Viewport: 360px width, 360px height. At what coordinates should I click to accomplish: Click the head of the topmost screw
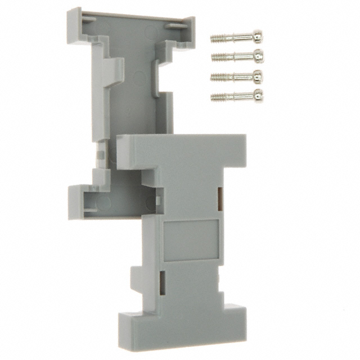coord(258,37)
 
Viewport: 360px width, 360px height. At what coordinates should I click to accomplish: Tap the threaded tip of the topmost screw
coord(217,39)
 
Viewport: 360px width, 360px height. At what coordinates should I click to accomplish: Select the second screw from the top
coord(237,57)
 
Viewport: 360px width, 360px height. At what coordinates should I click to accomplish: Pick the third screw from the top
coord(237,76)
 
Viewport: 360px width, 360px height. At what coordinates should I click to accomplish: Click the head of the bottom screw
coord(258,93)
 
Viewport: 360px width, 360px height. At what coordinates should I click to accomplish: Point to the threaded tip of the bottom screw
coord(217,97)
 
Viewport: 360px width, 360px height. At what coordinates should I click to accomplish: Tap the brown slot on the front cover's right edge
coord(220,195)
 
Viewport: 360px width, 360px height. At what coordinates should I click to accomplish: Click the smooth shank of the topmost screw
coord(239,37)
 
